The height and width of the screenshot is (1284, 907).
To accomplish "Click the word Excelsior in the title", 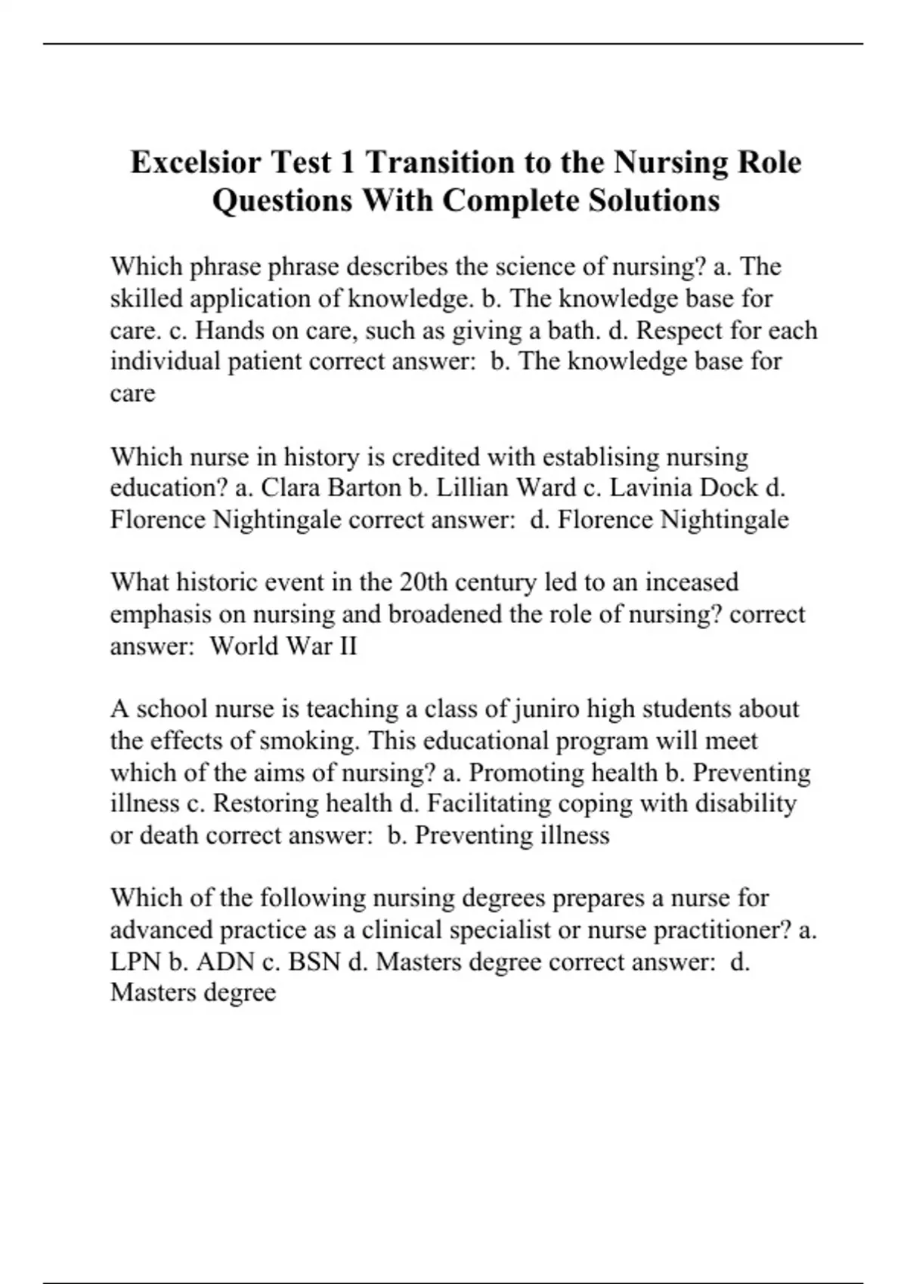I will coord(197,162).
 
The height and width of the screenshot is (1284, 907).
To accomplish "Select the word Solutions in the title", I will coord(655,200).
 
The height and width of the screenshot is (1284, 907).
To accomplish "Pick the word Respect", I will coord(658,330).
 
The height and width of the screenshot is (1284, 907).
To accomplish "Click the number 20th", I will coord(415,582).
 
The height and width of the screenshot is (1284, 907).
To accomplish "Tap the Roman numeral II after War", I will coord(346,647).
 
